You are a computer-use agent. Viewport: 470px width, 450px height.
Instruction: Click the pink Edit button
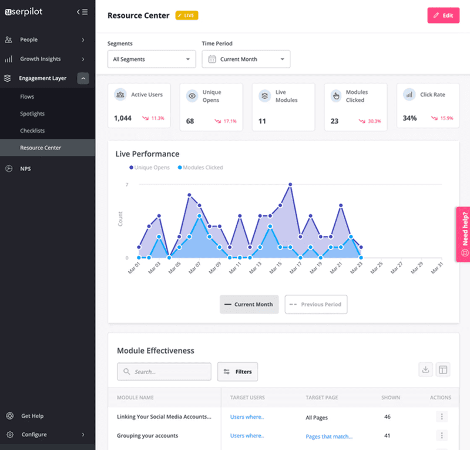tap(443, 15)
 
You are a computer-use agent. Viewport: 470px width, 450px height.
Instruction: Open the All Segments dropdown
tap(152, 59)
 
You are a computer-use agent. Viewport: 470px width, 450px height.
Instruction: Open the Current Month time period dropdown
tap(246, 59)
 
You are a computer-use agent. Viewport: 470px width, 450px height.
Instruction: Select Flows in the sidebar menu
tap(27, 96)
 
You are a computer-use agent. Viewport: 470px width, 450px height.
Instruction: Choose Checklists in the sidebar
tap(32, 131)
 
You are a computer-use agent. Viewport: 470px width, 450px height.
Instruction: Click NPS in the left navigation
tap(25, 168)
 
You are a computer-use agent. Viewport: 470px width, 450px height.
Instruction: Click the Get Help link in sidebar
tap(32, 416)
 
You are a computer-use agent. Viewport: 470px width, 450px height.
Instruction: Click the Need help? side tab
tap(464, 234)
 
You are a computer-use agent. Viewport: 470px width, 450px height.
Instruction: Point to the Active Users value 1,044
tap(123, 118)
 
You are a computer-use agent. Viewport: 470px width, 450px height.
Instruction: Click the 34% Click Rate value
tap(410, 118)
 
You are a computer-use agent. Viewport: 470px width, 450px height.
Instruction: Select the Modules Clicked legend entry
tap(202, 168)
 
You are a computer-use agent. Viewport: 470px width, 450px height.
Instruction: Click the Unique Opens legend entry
tap(151, 168)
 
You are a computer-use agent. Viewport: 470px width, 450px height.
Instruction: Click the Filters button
tap(237, 372)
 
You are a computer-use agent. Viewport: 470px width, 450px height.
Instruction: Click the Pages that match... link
tap(329, 436)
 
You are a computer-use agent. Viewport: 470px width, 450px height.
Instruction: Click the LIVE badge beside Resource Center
tap(187, 16)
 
